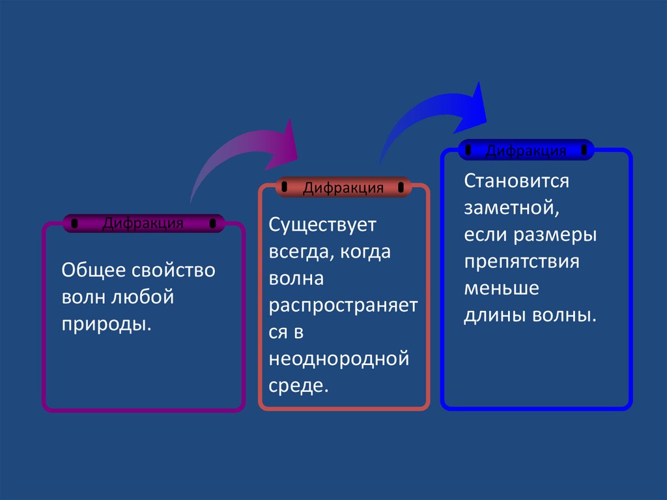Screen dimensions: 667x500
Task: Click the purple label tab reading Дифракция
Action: [143, 224]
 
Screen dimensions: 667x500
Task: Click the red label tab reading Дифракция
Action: [343, 188]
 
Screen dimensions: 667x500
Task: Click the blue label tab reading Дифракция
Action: [526, 151]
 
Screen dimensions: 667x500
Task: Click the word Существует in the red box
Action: [323, 226]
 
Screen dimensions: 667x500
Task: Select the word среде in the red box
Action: [296, 385]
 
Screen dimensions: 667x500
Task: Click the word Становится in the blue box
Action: [517, 181]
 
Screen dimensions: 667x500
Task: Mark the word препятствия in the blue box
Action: [522, 261]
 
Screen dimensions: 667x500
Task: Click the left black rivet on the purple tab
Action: [75, 224]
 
